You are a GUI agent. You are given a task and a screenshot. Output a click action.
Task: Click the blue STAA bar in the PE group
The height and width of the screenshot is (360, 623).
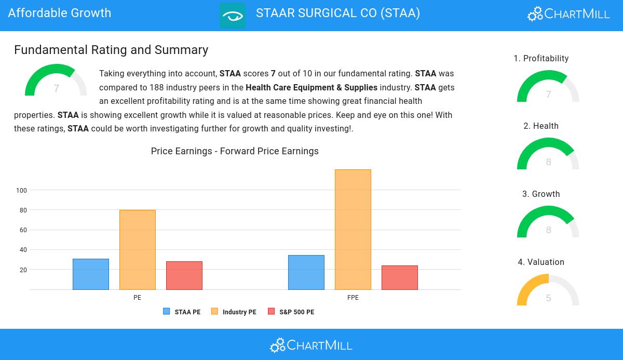point(91,274)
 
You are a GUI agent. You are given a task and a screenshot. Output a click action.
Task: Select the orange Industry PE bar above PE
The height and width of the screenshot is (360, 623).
point(138,250)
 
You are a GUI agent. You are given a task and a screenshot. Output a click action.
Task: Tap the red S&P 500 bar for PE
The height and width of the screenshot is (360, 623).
point(184,275)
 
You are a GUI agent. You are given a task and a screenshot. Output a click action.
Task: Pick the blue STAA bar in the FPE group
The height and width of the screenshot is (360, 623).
point(306,272)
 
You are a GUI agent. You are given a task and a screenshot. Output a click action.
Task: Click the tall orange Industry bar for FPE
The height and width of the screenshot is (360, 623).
point(353,230)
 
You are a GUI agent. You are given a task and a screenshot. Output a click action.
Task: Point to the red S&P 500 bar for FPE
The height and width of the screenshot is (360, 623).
point(400,277)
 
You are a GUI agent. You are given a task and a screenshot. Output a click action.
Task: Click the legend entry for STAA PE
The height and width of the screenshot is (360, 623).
point(182,312)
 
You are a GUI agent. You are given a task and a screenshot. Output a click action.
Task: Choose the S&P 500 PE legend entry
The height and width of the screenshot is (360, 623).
point(291,312)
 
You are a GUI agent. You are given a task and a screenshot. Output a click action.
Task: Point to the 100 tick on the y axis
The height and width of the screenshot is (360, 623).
point(21,191)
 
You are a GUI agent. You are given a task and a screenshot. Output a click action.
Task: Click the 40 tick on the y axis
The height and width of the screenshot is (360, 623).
point(23,250)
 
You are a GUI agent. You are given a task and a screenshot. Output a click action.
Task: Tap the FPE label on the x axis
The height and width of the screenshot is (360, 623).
point(353,298)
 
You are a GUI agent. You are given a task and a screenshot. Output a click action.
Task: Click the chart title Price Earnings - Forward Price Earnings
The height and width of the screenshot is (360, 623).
point(235,151)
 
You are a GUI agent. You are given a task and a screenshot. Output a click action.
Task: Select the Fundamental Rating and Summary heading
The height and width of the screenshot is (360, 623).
point(111,50)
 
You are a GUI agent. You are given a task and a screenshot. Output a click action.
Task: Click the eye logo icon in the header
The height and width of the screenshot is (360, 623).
point(233,16)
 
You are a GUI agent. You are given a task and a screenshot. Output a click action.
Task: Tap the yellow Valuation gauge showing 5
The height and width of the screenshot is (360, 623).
point(548,291)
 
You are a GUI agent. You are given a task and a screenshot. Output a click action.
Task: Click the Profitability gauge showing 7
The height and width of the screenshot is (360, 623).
point(548,87)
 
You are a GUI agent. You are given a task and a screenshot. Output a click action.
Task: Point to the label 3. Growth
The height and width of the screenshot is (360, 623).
point(541,194)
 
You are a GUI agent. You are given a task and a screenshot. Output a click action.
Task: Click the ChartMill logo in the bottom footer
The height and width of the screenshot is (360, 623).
point(311,345)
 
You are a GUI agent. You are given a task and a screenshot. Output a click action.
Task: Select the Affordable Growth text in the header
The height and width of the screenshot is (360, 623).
point(60,13)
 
